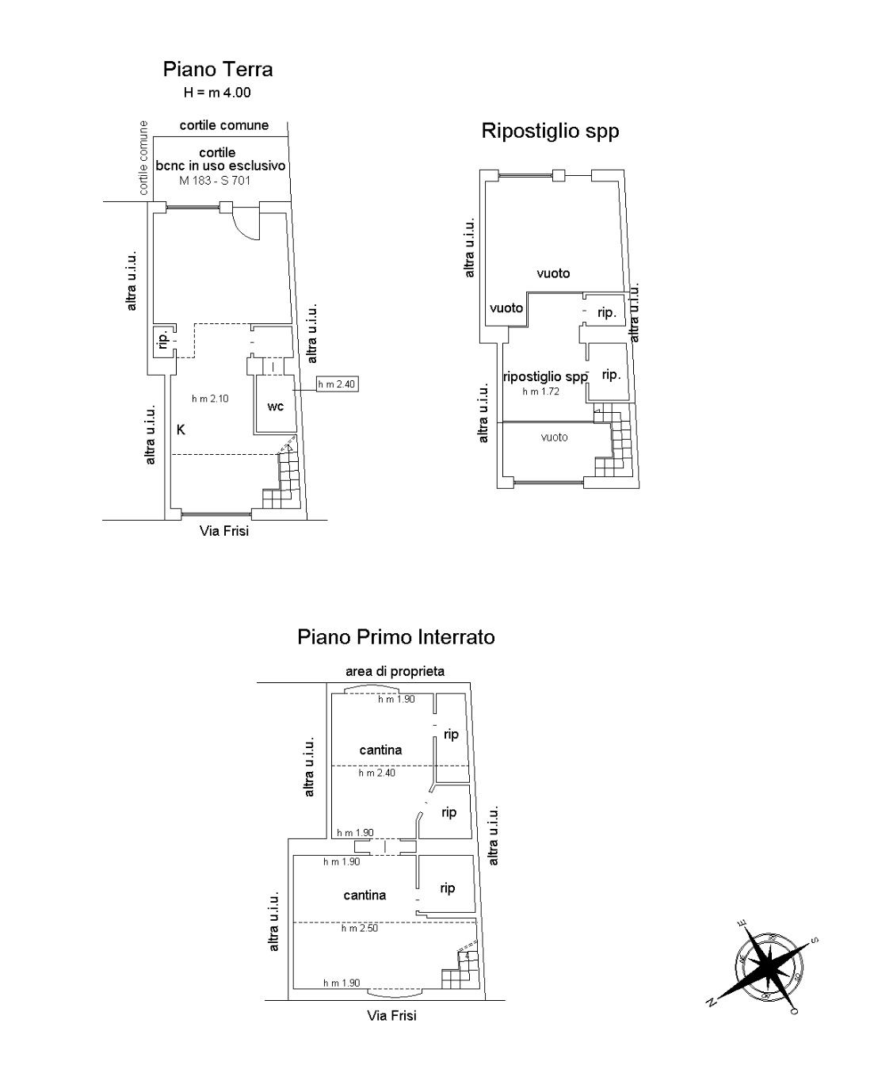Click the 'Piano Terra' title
coord(218,70)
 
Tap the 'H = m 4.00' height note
coord(217,93)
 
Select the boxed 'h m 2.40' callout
coord(338,384)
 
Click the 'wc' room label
coord(275,407)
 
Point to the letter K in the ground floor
coord(181,430)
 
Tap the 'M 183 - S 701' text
coord(215,181)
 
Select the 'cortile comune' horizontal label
coord(223,125)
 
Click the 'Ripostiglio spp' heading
coord(550,131)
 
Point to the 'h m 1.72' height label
coord(540,391)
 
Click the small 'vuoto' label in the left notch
coord(506,308)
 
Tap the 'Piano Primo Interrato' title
coord(396,637)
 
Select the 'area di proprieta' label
coord(395,671)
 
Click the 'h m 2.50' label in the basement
coord(359,928)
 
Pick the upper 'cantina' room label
coord(380,750)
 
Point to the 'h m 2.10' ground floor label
coord(210,399)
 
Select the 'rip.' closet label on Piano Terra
coord(163,341)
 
